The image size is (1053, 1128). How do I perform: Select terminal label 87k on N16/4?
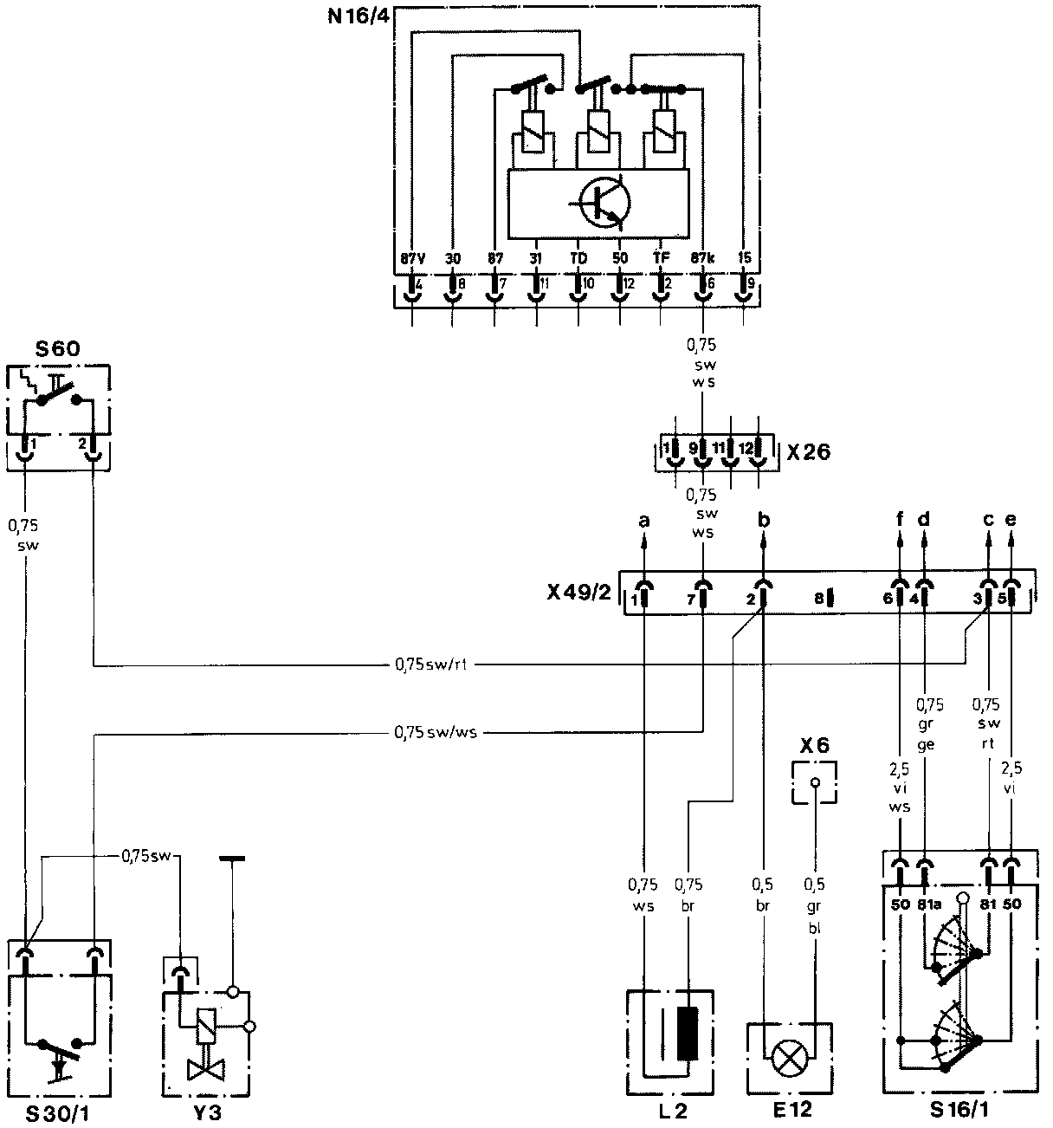coord(702,258)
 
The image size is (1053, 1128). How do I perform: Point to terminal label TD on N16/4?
coord(578,258)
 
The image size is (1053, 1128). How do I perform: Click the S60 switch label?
coord(57,350)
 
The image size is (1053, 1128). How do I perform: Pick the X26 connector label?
coord(809,452)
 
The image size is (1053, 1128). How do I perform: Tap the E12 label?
coord(790,1111)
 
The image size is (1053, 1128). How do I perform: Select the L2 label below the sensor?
coord(671,1111)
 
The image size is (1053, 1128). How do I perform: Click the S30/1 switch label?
coord(58,1112)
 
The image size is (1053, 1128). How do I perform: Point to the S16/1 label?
coord(960,1111)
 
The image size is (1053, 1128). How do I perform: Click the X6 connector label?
coord(814,745)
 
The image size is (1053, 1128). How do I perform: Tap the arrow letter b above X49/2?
coord(763,521)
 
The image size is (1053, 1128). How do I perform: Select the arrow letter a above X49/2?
coord(643,521)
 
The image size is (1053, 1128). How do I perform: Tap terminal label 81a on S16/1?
coord(927,904)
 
